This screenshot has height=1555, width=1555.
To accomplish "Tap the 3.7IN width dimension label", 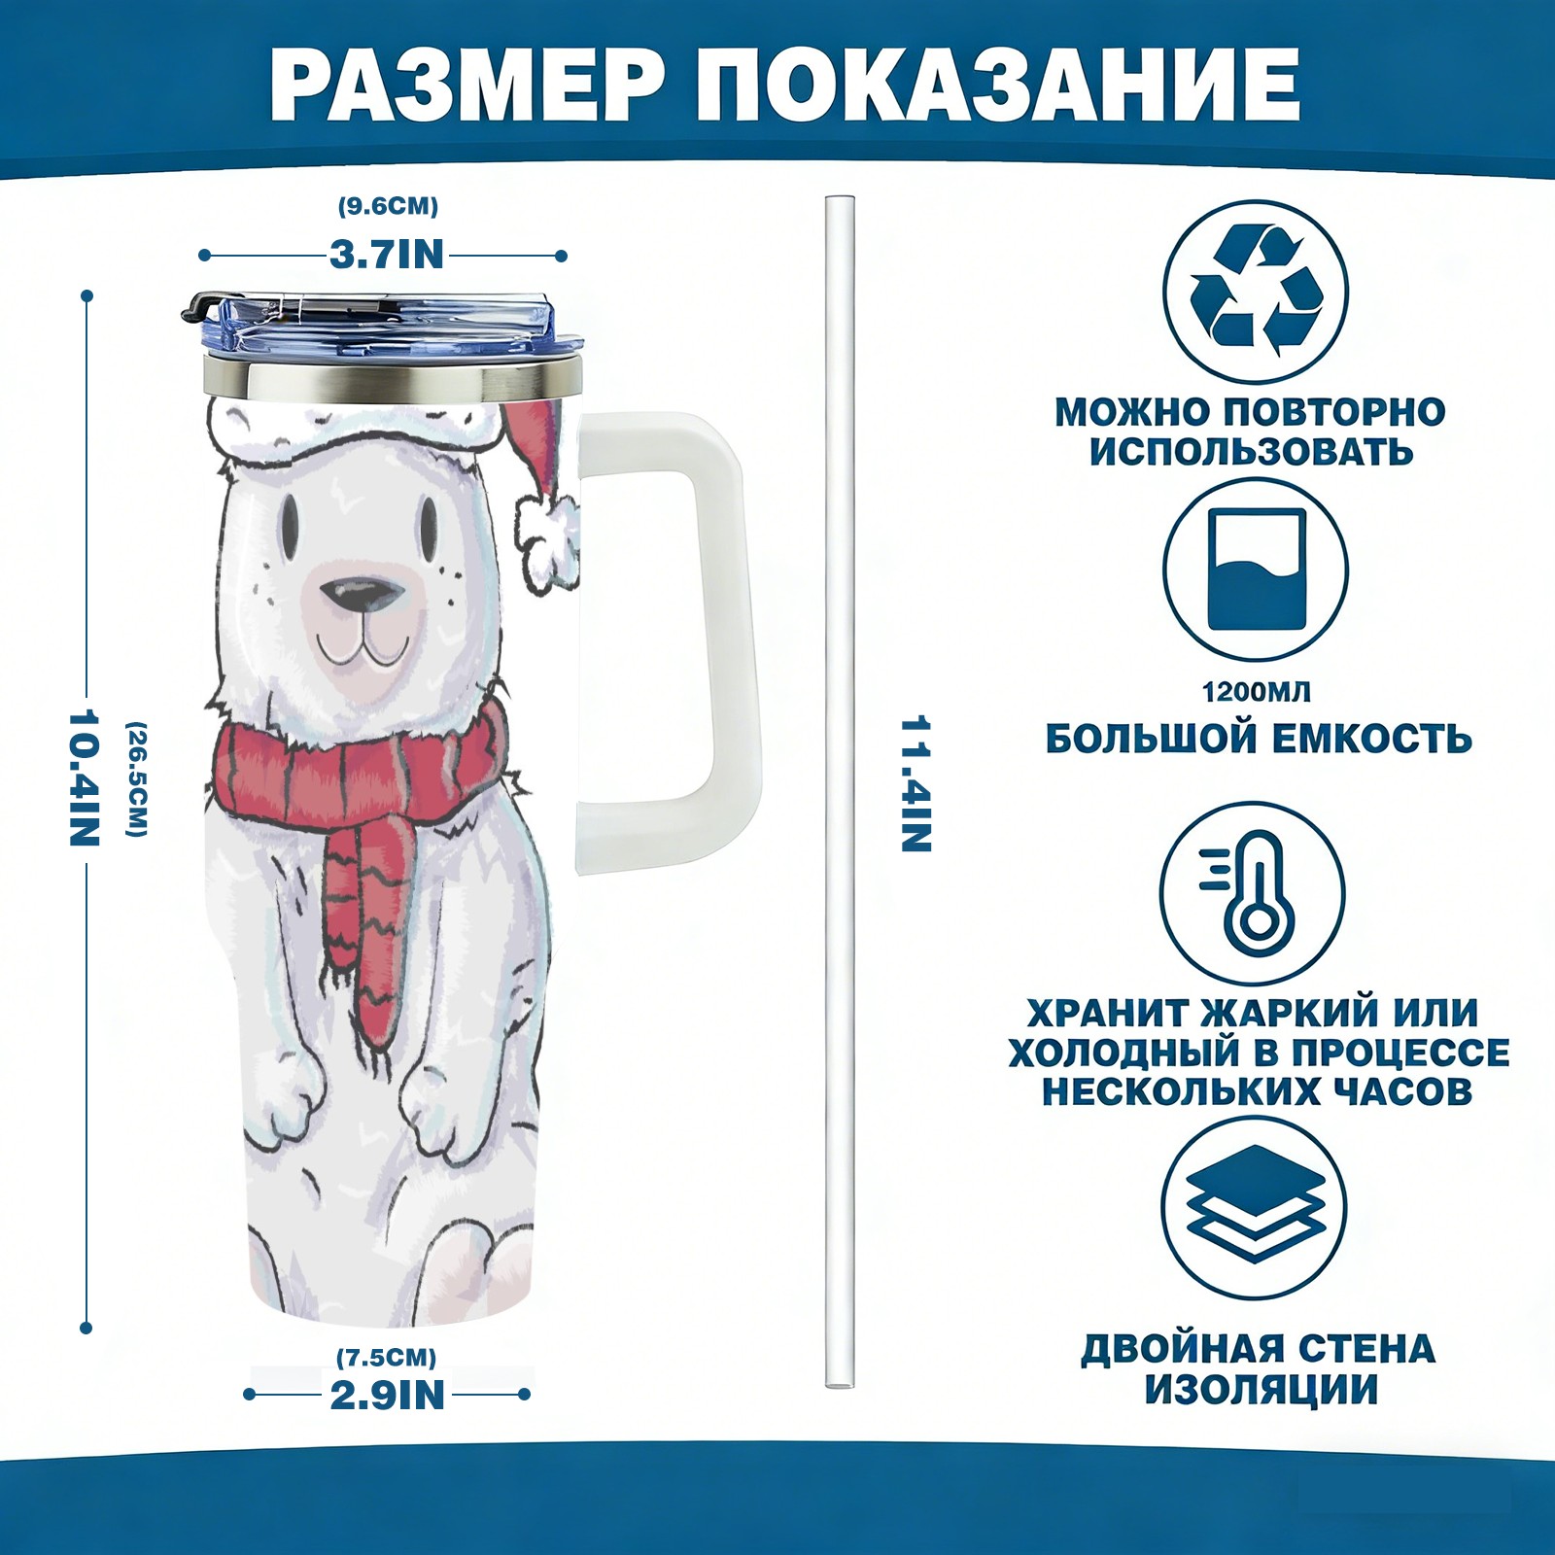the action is pyautogui.click(x=387, y=255).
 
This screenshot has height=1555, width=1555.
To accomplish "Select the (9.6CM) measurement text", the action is pyautogui.click(x=388, y=206).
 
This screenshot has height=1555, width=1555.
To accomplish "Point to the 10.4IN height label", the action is pyautogui.click(x=85, y=777).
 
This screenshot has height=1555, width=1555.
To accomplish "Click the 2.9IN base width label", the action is pyautogui.click(x=388, y=1395).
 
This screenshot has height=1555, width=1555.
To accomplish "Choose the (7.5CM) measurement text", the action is pyautogui.click(x=387, y=1357).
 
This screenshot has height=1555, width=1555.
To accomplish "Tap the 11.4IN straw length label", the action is pyautogui.click(x=916, y=783).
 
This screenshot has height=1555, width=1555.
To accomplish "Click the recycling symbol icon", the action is pyautogui.click(x=1256, y=290).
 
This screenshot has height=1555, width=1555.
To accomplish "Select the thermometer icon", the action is pyautogui.click(x=1253, y=892).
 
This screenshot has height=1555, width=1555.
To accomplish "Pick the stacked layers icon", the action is pyautogui.click(x=1255, y=1208).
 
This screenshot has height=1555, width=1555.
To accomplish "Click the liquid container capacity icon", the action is pyautogui.click(x=1256, y=570).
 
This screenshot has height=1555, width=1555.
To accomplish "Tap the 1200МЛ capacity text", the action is pyautogui.click(x=1256, y=692).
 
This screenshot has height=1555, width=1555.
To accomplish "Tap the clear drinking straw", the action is pyautogui.click(x=840, y=792).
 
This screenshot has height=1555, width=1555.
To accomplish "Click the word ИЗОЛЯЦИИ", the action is pyautogui.click(x=1261, y=1389).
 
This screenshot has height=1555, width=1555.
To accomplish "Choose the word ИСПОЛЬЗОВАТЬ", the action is pyautogui.click(x=1251, y=452).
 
